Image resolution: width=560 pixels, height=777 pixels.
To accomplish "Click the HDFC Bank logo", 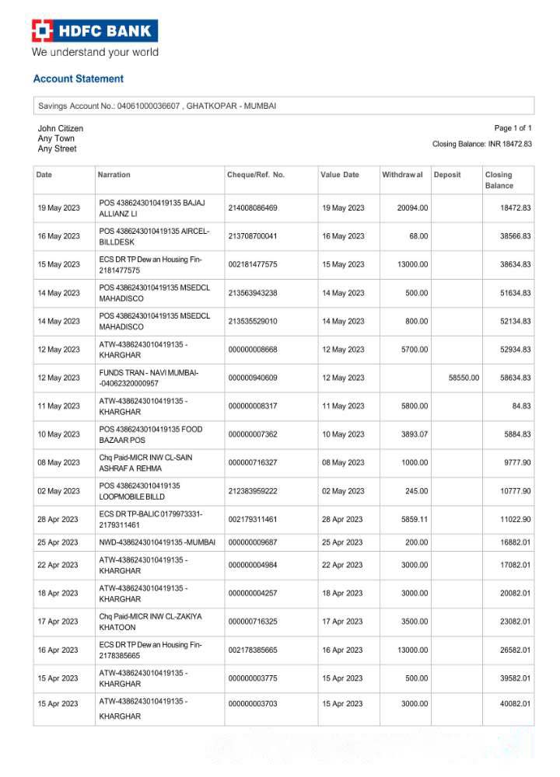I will (94, 31).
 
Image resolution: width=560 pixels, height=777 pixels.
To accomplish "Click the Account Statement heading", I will (78, 78).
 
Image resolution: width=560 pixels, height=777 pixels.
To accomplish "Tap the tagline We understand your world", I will (94, 53).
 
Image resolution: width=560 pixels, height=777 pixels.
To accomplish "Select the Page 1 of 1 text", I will (513, 128).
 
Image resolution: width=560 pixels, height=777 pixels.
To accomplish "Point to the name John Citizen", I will (61, 128).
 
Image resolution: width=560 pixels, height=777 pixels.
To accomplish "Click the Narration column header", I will (114, 175).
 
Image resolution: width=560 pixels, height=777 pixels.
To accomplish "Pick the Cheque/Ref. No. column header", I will (256, 175).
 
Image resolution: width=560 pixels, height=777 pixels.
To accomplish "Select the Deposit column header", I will (447, 175).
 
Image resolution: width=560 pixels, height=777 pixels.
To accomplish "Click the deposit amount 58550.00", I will (464, 378).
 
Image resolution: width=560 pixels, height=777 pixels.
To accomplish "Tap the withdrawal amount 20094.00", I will (412, 208).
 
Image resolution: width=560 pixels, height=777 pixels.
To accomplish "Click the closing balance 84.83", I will (518, 406).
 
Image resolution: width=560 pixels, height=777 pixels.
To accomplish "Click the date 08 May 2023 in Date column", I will (58, 462).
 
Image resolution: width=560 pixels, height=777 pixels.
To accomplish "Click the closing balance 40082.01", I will (515, 704).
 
